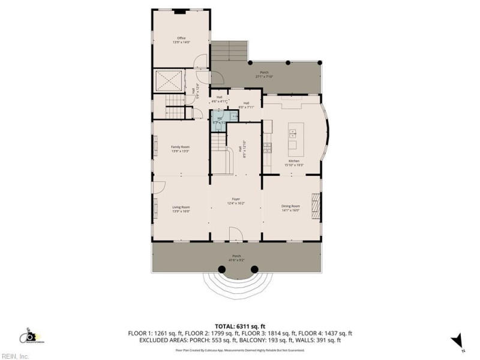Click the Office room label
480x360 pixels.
181,38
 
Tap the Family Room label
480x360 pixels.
180,147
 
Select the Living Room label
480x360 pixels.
181,208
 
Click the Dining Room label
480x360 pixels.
290,206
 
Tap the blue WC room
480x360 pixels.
220,121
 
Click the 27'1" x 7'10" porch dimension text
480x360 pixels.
265,76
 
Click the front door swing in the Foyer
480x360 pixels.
235,235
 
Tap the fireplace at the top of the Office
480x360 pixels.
180,11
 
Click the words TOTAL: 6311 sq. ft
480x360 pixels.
239,325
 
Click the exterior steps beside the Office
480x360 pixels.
230,53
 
